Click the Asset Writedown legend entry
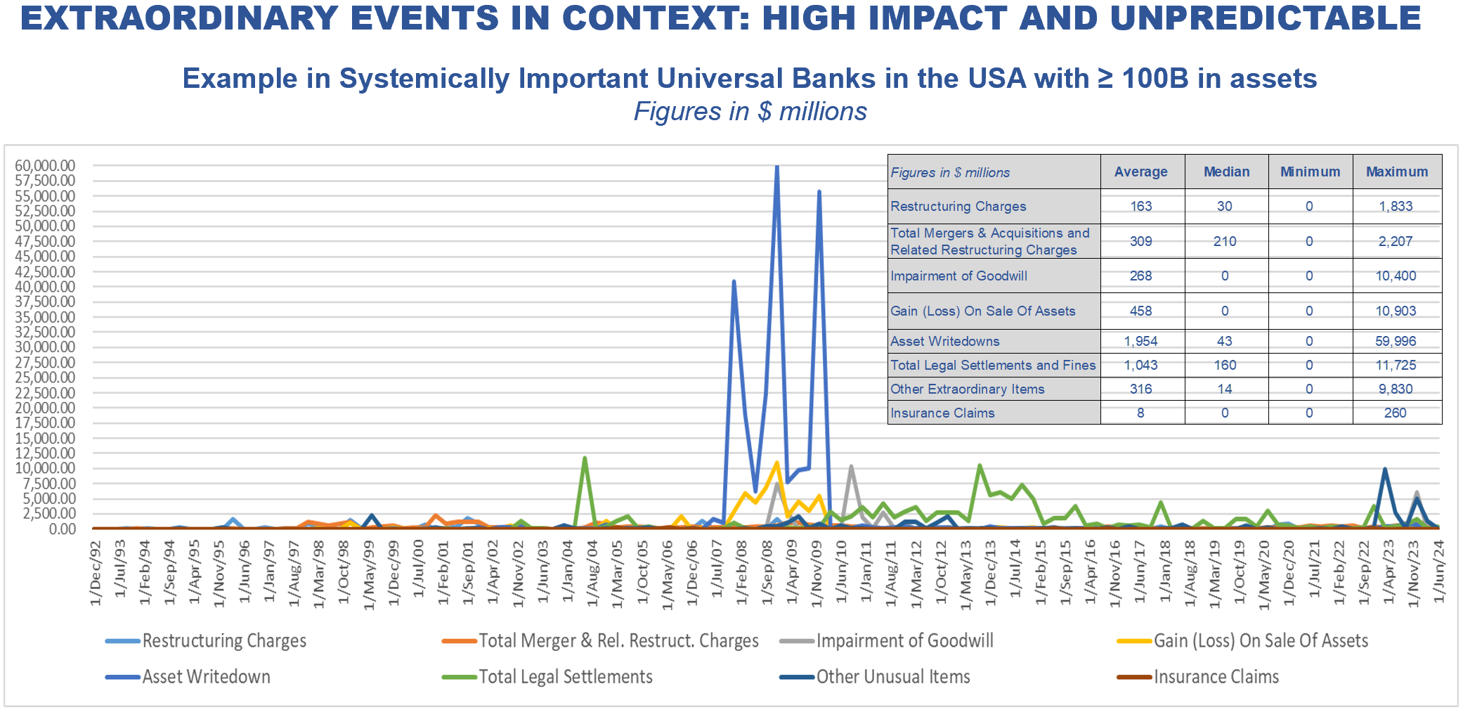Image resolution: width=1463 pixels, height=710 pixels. [x=206, y=677]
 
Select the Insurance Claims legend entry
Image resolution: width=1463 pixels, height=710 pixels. [x=1216, y=677]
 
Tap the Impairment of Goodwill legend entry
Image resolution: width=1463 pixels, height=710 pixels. [x=904, y=641]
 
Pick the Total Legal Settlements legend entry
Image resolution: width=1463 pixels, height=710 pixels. [x=565, y=677]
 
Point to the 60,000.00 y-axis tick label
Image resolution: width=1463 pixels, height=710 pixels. [x=45, y=166]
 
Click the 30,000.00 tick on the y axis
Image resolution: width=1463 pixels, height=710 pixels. [x=45, y=347]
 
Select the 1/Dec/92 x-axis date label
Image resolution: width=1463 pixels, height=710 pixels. [x=96, y=572]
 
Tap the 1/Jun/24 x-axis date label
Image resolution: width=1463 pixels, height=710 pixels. [x=1438, y=571]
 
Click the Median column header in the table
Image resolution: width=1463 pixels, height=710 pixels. [x=1226, y=172]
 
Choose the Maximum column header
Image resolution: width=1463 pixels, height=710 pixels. [x=1396, y=172]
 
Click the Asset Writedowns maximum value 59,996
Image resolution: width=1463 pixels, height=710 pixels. [x=1396, y=341]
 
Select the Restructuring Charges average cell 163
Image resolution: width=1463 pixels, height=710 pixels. [x=1140, y=206]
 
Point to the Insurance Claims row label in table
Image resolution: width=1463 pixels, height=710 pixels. [x=942, y=413]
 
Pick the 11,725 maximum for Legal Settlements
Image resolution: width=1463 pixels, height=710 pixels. [x=1396, y=365]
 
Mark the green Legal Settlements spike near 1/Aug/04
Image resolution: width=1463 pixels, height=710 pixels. [x=585, y=458]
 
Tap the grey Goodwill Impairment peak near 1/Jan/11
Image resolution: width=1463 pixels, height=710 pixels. [x=851, y=467]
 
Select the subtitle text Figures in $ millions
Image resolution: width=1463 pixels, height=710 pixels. [x=750, y=112]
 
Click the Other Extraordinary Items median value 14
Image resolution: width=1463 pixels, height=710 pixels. [x=1224, y=389]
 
